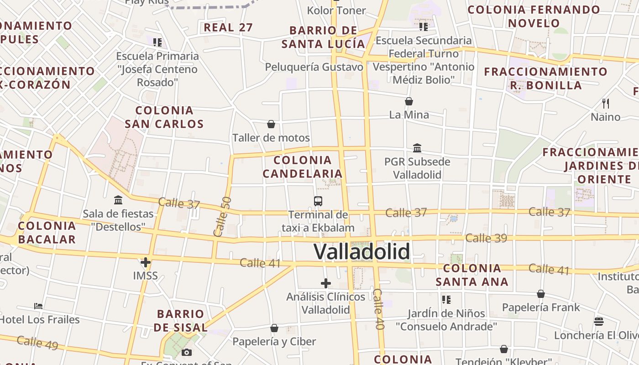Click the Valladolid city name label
click(x=361, y=251)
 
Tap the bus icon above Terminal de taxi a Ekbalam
click(x=318, y=201)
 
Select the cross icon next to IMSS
click(x=146, y=262)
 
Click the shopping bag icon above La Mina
click(x=409, y=101)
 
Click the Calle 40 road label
click(x=379, y=309)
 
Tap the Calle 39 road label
click(x=486, y=238)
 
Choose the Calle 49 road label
click(x=37, y=343)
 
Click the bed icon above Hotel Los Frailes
click(x=39, y=306)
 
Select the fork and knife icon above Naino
click(x=606, y=104)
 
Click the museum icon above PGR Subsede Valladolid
click(x=417, y=148)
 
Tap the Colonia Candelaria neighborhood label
click(x=302, y=167)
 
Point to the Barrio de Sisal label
click(x=180, y=320)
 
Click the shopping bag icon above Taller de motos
click(x=271, y=124)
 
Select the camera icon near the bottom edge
click(x=186, y=352)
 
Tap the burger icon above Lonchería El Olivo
click(x=599, y=322)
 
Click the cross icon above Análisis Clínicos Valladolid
click(x=326, y=283)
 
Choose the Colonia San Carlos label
click(x=164, y=117)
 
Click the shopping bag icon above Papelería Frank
click(x=541, y=294)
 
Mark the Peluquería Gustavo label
click(x=314, y=67)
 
